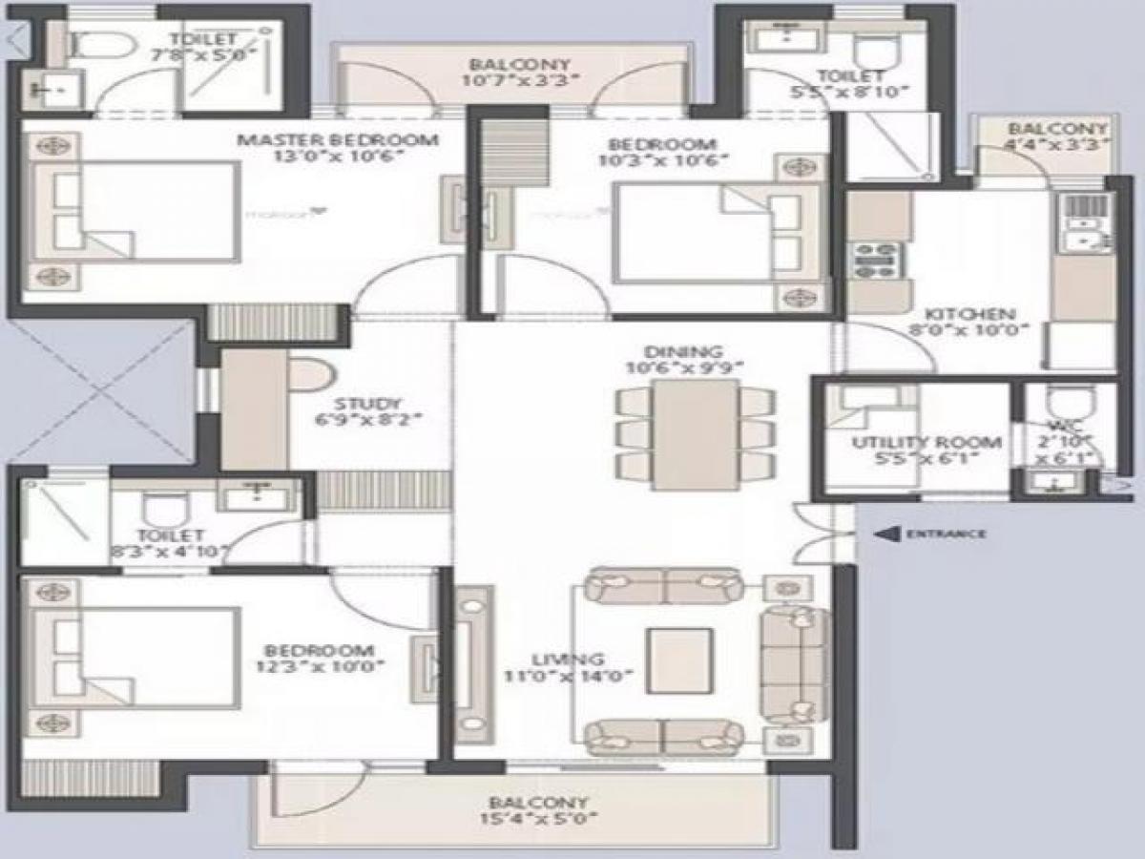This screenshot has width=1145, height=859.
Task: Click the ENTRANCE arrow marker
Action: coord(887,534)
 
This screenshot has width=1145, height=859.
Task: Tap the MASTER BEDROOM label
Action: coord(338,140)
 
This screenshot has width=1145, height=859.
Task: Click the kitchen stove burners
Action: coord(875,260)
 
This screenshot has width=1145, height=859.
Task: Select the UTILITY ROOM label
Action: coord(926,443)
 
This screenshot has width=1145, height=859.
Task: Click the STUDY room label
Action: coord(367,404)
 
